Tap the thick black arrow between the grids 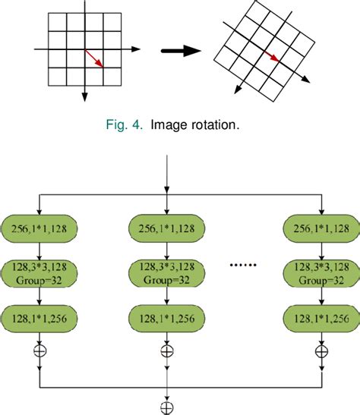(x=180, y=52)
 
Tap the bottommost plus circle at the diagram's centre (x=166, y=407)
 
